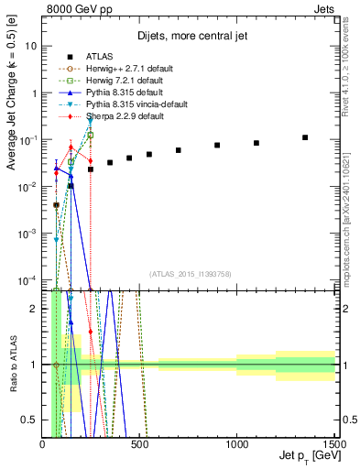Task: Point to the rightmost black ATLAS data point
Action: click(305, 137)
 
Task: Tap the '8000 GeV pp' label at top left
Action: click(77, 8)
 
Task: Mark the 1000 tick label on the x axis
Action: click(236, 445)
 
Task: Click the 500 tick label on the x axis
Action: click(139, 445)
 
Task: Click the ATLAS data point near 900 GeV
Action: click(217, 146)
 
